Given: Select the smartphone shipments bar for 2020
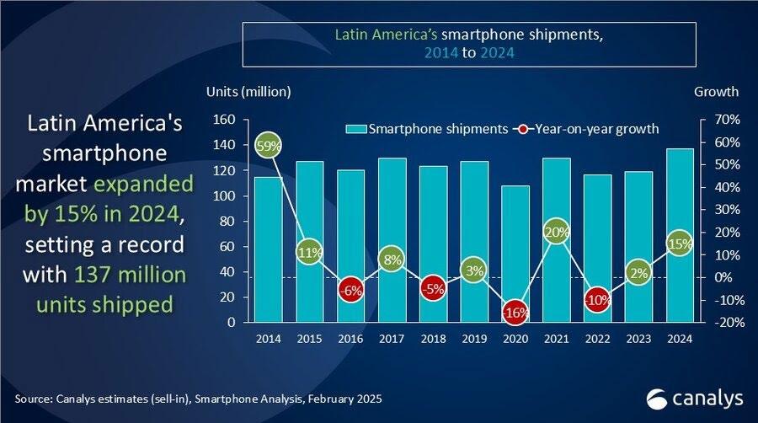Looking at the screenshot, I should point(515,254).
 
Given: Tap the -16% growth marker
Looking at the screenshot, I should point(515,312).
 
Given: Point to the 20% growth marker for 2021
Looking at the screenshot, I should point(556,232).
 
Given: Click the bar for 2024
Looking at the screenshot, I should point(680,235).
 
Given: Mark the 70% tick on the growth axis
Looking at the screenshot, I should point(727,120).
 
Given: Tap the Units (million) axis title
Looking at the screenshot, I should point(248,92).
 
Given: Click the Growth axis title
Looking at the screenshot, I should point(716,92).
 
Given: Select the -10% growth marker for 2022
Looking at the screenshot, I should point(597,300).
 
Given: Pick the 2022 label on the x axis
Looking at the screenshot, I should point(597,339).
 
